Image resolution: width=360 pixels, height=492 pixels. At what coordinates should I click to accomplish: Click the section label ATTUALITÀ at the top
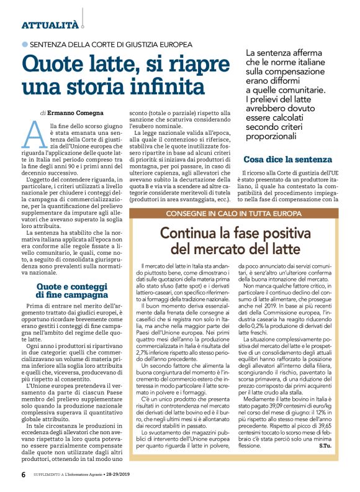click(50, 25)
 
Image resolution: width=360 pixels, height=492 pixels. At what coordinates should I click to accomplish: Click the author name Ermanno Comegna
click(72, 114)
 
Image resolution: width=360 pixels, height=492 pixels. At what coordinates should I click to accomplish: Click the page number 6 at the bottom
click(24, 474)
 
